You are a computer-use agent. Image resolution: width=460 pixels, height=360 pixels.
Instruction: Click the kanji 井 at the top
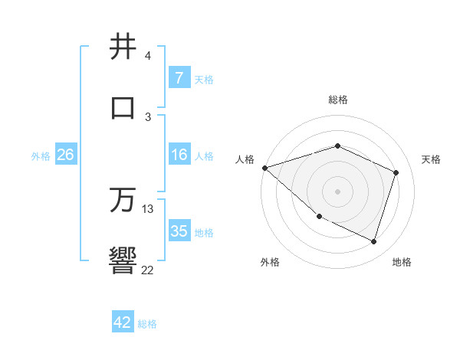point(123,47)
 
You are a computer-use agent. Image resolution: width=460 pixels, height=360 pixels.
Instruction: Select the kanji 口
point(123,107)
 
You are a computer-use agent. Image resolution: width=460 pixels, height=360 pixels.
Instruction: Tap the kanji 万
point(123,201)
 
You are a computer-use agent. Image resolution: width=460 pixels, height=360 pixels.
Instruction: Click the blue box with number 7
point(179,78)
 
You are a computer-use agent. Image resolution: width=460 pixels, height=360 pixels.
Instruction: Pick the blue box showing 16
point(179,155)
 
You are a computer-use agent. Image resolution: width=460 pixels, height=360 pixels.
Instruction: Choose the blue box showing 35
point(179,231)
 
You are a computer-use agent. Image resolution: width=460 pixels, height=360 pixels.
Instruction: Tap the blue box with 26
point(65,155)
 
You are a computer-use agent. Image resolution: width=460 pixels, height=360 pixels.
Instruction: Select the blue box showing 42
point(122,322)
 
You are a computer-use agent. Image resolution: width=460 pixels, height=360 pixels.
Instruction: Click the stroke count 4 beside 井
point(147,56)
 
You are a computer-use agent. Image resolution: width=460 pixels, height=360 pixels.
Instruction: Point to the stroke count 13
point(148,209)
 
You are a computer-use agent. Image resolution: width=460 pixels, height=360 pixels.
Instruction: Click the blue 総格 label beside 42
point(147,324)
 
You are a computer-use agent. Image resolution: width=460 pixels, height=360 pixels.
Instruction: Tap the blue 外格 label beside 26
point(41,156)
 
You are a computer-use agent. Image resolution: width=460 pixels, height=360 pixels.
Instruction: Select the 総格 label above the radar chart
point(337,100)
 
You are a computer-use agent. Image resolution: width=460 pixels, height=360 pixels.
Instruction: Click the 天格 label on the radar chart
point(431,159)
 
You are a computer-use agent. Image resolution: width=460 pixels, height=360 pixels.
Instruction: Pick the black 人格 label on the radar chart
point(245,159)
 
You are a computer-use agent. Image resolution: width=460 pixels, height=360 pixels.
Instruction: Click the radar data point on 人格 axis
point(264,168)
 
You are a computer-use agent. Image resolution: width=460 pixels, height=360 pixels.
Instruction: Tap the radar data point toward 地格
point(374,242)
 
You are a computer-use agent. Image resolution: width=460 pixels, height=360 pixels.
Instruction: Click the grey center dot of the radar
point(337,191)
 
